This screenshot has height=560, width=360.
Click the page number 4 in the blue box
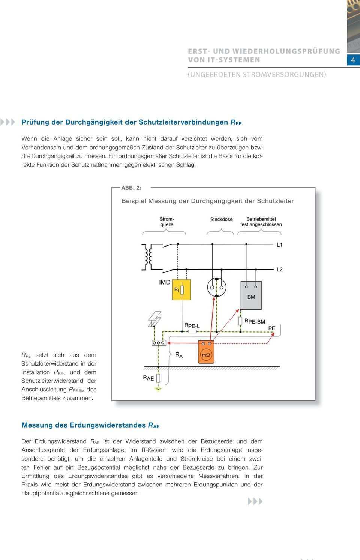tap(353, 60)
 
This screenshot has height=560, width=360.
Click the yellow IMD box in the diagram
tap(181, 290)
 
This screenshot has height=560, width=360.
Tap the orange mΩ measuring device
tap(206, 352)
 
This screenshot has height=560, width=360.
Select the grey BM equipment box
tap(251, 295)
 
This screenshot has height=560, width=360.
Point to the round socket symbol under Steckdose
tap(217, 288)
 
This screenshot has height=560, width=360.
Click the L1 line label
tap(280, 245)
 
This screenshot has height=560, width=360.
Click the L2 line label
tap(280, 269)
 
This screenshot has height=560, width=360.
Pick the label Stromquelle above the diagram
tap(167, 222)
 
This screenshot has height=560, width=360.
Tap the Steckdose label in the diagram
tap(221, 219)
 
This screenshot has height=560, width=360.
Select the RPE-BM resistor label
tap(255, 321)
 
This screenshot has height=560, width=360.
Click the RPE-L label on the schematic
tap(192, 325)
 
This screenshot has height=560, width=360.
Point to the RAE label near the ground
tap(148, 378)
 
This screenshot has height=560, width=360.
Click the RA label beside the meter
tap(179, 355)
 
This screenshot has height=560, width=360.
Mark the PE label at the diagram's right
tap(272, 328)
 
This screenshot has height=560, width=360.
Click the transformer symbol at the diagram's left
tap(147, 257)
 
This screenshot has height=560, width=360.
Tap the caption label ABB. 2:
tap(131, 187)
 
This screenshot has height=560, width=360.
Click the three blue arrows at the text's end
tap(255, 501)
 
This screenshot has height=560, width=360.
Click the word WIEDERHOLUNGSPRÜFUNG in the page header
tap(286, 51)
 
